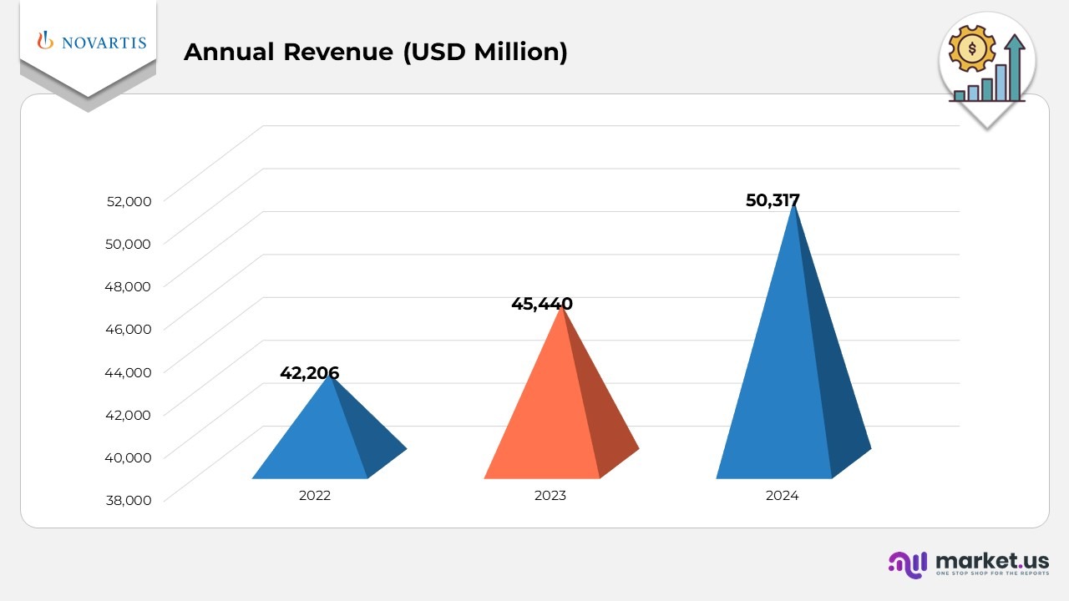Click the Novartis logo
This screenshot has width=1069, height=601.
tap(92, 42)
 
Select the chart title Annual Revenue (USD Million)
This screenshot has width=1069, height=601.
tap(375, 52)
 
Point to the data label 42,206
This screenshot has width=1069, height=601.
tap(309, 373)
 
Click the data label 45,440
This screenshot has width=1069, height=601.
tap(541, 304)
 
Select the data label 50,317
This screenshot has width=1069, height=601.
tap(773, 200)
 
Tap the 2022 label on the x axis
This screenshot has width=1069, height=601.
tap(315, 496)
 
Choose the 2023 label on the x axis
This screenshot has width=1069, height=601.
tap(550, 496)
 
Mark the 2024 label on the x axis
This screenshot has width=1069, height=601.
tap(782, 496)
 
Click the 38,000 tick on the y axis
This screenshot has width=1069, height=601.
tap(129, 500)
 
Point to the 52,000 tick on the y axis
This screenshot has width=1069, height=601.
tap(129, 201)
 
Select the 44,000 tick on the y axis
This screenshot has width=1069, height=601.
tap(129, 372)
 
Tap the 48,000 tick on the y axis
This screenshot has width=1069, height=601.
tap(129, 286)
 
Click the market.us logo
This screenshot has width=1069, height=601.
tap(969, 563)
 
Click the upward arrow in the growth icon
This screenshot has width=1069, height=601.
tap(1015, 63)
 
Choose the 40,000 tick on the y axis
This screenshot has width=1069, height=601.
tap(129, 457)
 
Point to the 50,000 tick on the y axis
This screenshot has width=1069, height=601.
tap(129, 244)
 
